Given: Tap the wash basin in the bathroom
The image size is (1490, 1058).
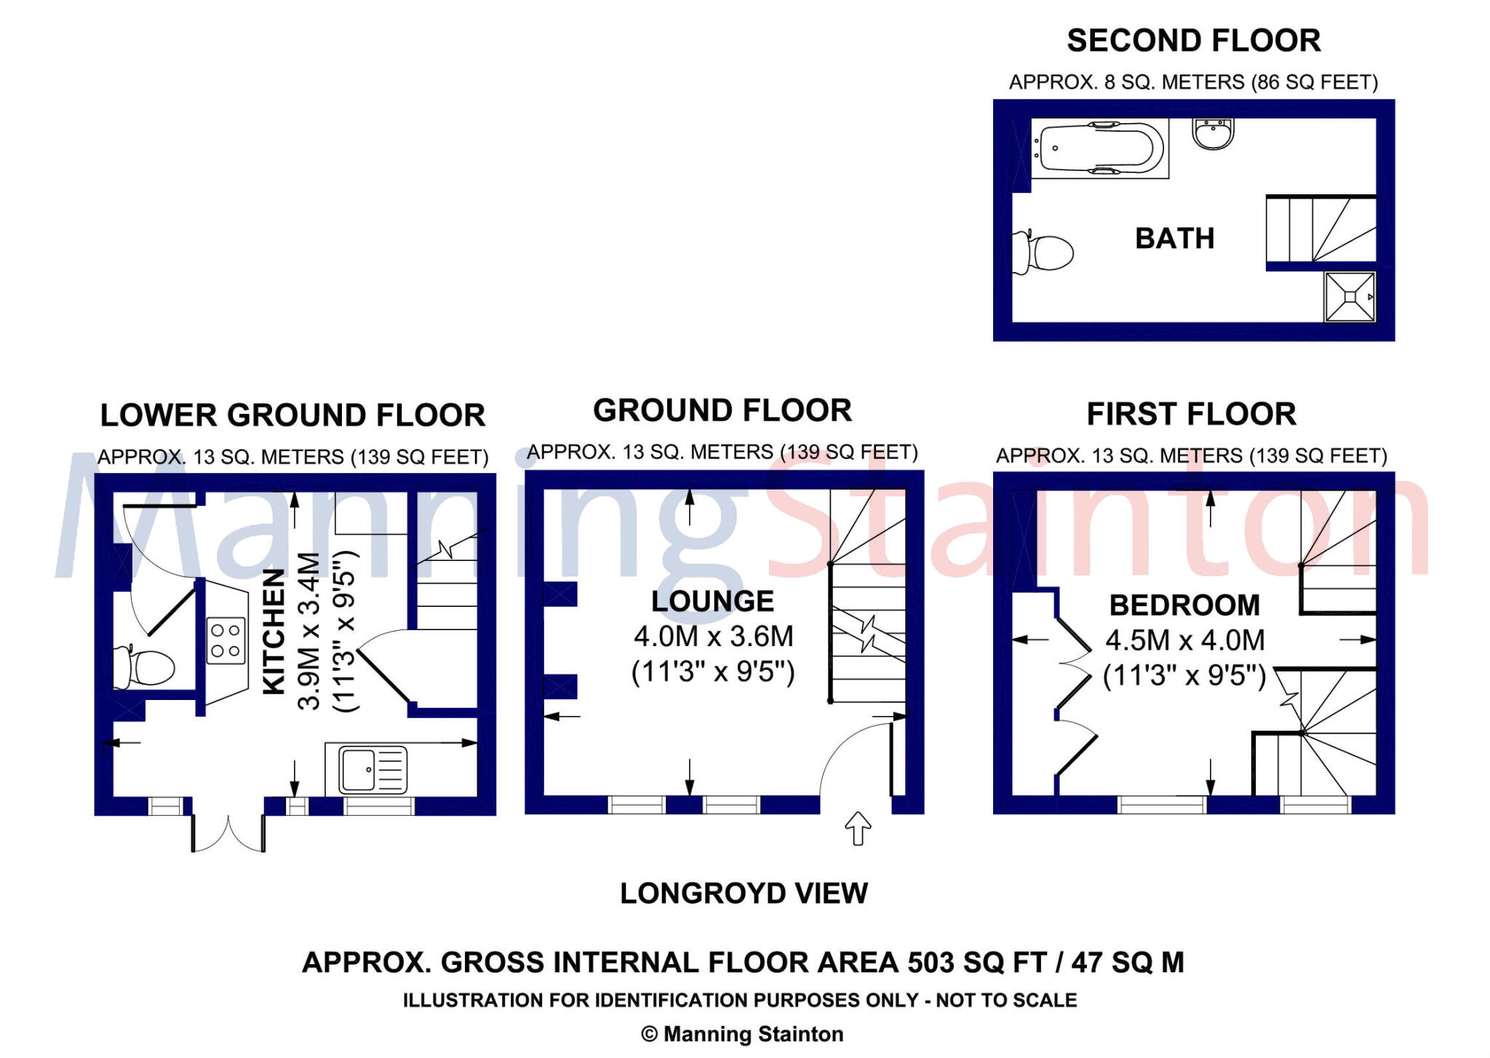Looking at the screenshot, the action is pyautogui.click(x=1213, y=134).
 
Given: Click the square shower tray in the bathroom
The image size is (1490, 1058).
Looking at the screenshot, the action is pyautogui.click(x=1350, y=296).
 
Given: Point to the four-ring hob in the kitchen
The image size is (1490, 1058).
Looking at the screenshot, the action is pyautogui.click(x=226, y=640).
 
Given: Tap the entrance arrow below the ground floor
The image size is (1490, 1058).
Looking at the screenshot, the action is pyautogui.click(x=858, y=828).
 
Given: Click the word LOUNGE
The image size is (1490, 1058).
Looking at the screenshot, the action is pyautogui.click(x=712, y=602).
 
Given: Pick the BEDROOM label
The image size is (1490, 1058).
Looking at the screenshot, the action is pyautogui.click(x=1184, y=605).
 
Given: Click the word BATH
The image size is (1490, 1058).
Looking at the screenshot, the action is pyautogui.click(x=1174, y=239).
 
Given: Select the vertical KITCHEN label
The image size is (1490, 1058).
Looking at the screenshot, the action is pyautogui.click(x=274, y=631).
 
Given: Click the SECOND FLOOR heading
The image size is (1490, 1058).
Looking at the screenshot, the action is pyautogui.click(x=1193, y=41).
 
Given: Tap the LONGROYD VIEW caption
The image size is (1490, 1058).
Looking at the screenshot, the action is pyautogui.click(x=744, y=893).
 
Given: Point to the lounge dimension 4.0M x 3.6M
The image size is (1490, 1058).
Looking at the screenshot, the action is pyautogui.click(x=713, y=637).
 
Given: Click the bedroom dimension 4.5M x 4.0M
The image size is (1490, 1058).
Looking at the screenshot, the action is pyautogui.click(x=1184, y=640).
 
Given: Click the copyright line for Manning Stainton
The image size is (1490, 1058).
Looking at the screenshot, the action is pyautogui.click(x=742, y=1034).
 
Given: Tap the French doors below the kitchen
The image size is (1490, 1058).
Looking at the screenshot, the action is pyautogui.click(x=228, y=833).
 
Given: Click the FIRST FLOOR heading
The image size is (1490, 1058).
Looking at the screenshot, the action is pyautogui.click(x=1191, y=414).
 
